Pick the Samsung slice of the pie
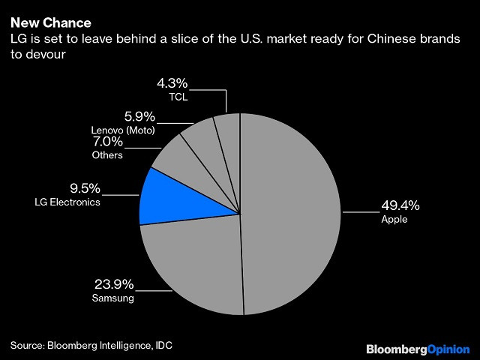195,262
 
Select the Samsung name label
114,298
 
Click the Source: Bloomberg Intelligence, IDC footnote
96,344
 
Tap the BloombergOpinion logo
417,349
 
